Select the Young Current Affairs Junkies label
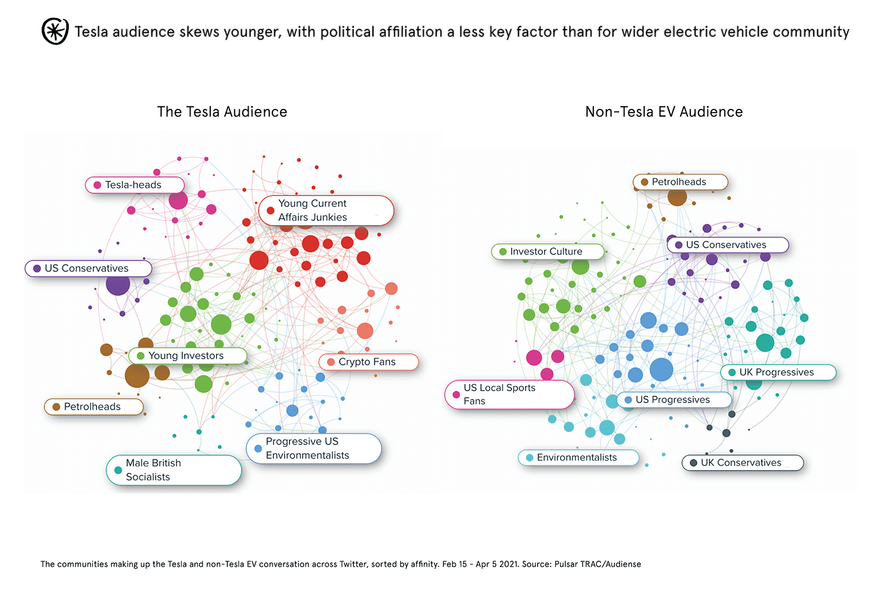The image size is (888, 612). pyautogui.click(x=326, y=211)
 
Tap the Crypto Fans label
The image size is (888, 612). pyautogui.click(x=368, y=362)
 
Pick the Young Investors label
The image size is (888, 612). pyautogui.click(x=187, y=356)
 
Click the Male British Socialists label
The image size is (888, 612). pyautogui.click(x=173, y=470)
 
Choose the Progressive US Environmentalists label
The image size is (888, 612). pyautogui.click(x=314, y=449)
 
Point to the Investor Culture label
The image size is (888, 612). pyautogui.click(x=547, y=252)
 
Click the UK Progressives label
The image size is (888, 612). pyautogui.click(x=777, y=372)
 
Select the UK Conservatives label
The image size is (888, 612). pyautogui.click(x=742, y=463)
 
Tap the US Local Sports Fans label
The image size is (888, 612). pyautogui.click(x=509, y=394)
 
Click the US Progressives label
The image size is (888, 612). pyautogui.click(x=674, y=400)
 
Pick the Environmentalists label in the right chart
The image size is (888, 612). pyautogui.click(x=578, y=458)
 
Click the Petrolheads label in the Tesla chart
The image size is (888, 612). pyautogui.click(x=94, y=407)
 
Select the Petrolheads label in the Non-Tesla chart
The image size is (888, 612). pyautogui.click(x=680, y=182)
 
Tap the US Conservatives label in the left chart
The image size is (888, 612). pyautogui.click(x=88, y=268)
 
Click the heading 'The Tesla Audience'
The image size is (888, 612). pyautogui.click(x=222, y=112)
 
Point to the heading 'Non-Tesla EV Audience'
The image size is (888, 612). pyautogui.click(x=664, y=112)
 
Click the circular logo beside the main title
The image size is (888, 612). pyautogui.click(x=54, y=31)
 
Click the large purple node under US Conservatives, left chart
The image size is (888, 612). pyautogui.click(x=118, y=284)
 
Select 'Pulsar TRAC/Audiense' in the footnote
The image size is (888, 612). pyautogui.click(x=597, y=564)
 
